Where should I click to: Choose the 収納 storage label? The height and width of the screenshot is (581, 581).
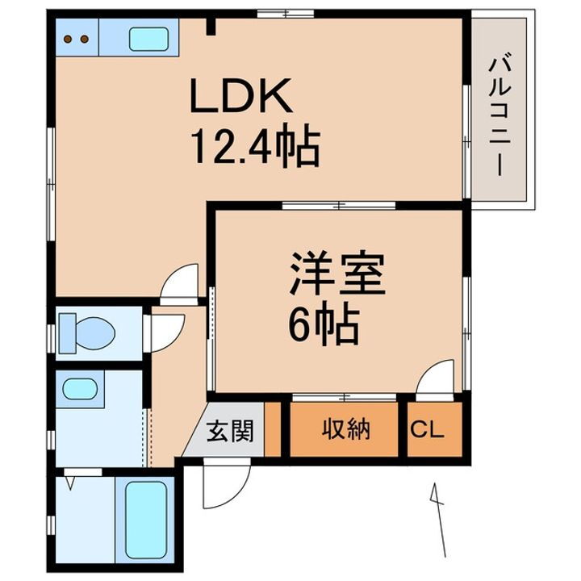click(347, 430)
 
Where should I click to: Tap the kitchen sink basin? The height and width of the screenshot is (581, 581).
click(149, 37)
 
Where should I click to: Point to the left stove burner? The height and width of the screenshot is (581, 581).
click(69, 37)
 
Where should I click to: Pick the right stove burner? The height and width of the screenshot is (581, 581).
click(83, 37)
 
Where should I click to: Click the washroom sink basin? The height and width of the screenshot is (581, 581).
click(78, 389)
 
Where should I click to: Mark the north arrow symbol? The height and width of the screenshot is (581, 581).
click(438, 516)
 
